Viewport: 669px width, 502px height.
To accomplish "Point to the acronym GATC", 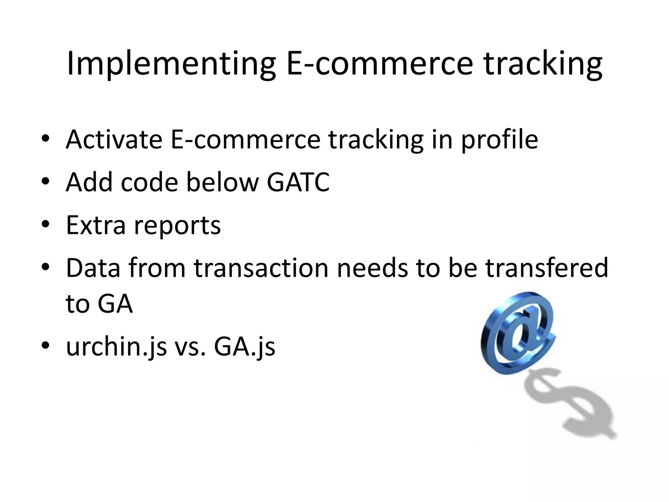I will tap(298, 182).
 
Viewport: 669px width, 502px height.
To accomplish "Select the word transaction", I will tap(261, 268).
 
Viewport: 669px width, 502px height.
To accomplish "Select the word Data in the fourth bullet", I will tap(93, 268).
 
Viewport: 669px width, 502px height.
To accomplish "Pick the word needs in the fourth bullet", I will tap(372, 268).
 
